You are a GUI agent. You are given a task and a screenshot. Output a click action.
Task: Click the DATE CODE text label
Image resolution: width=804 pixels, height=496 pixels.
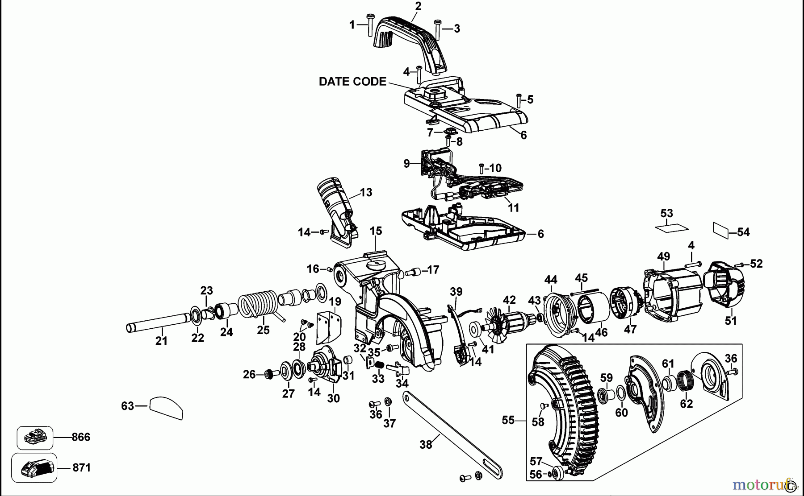(352, 82)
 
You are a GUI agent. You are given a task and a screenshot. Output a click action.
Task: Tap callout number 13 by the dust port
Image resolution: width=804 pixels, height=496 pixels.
(366, 193)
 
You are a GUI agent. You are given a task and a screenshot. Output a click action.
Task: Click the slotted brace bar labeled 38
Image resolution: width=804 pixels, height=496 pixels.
(451, 435)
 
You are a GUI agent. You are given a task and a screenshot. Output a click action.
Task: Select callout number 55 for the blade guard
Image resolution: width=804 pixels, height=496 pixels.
(508, 420)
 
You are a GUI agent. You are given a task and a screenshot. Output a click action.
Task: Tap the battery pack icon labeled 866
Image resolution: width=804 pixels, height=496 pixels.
(35, 438)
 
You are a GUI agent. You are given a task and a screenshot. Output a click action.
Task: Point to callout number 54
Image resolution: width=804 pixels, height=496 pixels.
(743, 232)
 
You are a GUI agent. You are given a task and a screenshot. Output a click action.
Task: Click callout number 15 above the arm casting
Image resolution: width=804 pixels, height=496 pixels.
(376, 231)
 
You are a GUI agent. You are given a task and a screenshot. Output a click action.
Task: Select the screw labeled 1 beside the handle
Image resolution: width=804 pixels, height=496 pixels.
(370, 26)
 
